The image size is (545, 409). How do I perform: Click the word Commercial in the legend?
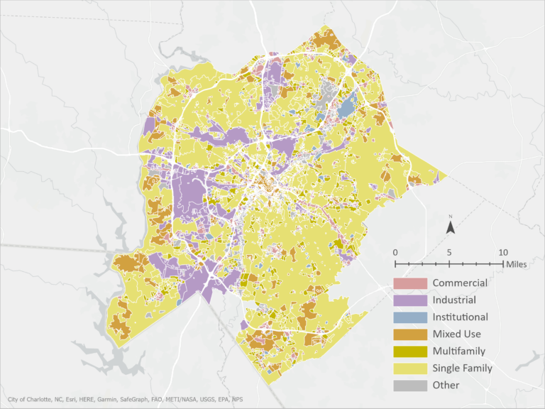[x=460, y=283]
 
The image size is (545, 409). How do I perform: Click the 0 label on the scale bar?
[x=395, y=253]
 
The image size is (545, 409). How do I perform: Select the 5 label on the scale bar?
[x=449, y=253]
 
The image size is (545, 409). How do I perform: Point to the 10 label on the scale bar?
[x=502, y=253]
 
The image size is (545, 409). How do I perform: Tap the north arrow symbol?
[x=450, y=228]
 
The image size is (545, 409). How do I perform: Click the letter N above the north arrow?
[x=450, y=216]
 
